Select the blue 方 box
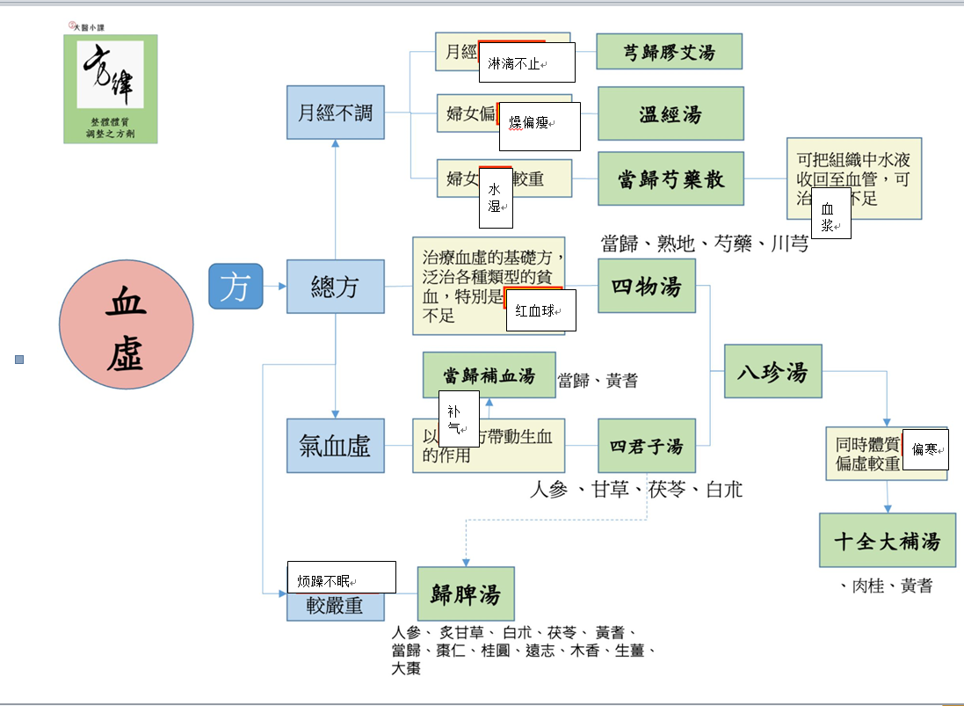tap(236, 287)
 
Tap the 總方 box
tap(336, 287)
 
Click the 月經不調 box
tap(336, 113)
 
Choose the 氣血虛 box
tap(336, 446)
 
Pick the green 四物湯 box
tap(646, 286)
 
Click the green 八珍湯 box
tap(772, 372)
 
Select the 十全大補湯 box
tap(887, 540)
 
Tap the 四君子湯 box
tap(646, 446)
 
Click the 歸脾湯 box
tap(466, 593)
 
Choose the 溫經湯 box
tap(670, 113)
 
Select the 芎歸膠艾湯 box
tap(669, 52)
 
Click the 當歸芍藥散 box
tap(670, 178)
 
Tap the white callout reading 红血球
tap(540, 310)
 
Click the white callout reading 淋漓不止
tap(526, 62)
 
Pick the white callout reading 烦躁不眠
tap(342, 578)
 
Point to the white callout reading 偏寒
tap(924, 450)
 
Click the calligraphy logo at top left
tap(111, 88)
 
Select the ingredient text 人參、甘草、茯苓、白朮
tap(636, 490)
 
